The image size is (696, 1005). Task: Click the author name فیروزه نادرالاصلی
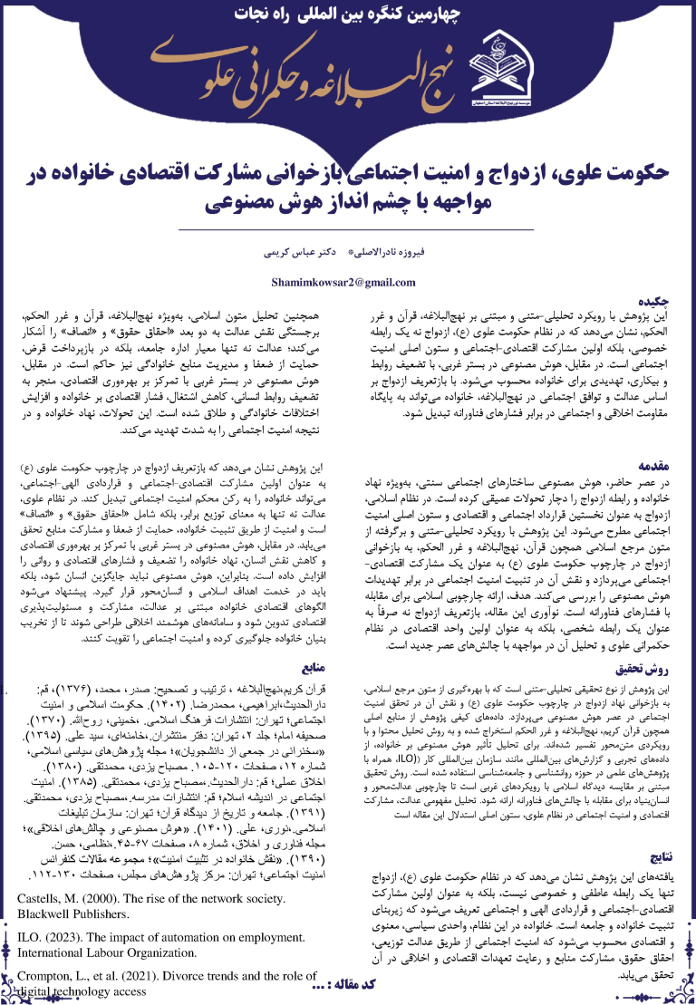pyautogui.click(x=394, y=246)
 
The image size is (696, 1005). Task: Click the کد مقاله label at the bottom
pyautogui.click(x=341, y=991)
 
